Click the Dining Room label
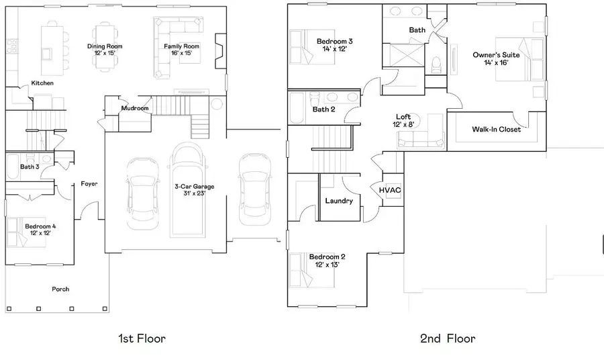coord(105,46)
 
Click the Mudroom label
coord(134,108)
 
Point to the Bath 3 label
coord(30,167)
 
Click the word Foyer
coord(89,183)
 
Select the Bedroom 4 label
coord(40,226)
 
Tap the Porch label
coord(61,289)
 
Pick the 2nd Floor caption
coord(448,338)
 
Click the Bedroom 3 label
coord(335,42)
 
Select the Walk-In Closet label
coord(496,129)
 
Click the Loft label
coord(403,117)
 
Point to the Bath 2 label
coord(323,109)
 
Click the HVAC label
coord(390,190)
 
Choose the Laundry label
coord(339,200)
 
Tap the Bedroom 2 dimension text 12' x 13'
coord(327,265)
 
